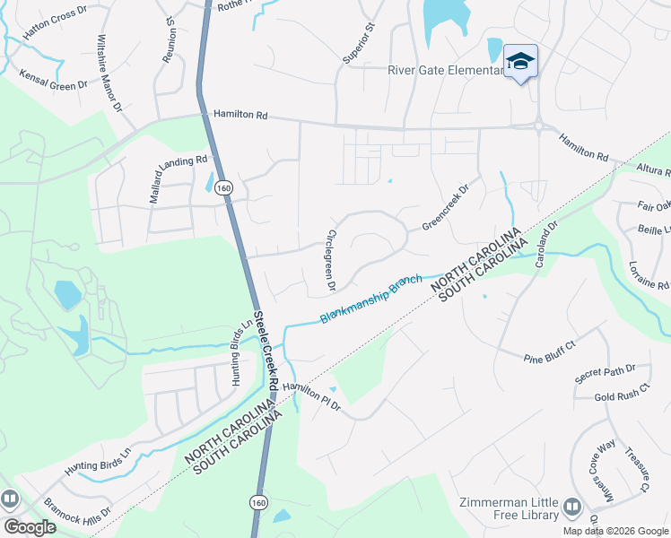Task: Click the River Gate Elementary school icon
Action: [x=520, y=61]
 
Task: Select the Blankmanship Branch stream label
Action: [x=370, y=300]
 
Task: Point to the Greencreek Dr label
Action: [x=446, y=209]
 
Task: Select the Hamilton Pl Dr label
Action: [x=311, y=395]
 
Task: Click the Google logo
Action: [x=29, y=527]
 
